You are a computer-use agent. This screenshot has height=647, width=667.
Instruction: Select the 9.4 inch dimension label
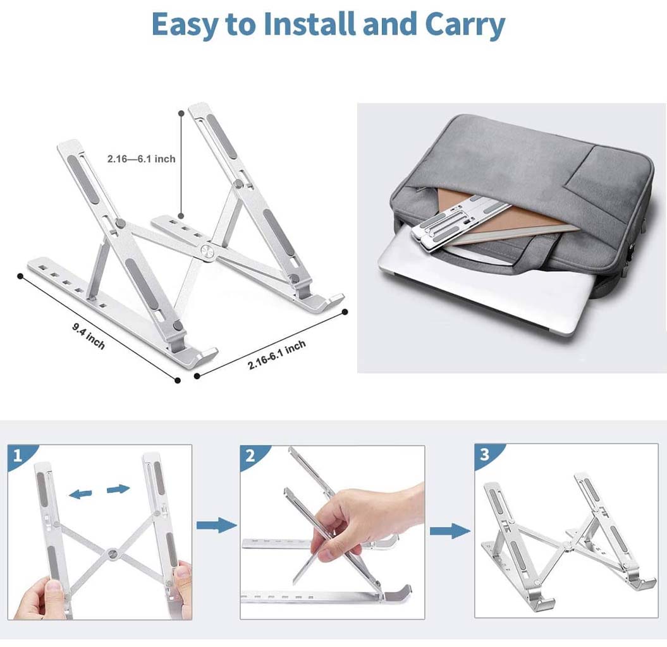(x=89, y=336)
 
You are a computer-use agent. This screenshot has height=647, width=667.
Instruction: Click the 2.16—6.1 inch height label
(x=141, y=159)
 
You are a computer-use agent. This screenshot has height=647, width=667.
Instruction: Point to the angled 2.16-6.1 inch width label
(x=276, y=354)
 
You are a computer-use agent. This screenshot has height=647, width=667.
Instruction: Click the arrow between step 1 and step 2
(x=216, y=525)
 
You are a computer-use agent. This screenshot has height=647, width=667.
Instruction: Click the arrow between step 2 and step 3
(x=450, y=531)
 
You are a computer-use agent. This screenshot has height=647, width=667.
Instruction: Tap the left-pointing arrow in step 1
(x=80, y=494)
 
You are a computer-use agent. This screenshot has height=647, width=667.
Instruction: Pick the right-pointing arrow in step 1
(x=118, y=489)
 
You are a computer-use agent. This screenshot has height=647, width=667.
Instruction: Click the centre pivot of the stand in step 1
(x=113, y=553)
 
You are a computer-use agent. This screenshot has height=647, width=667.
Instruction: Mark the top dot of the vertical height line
(x=181, y=114)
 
